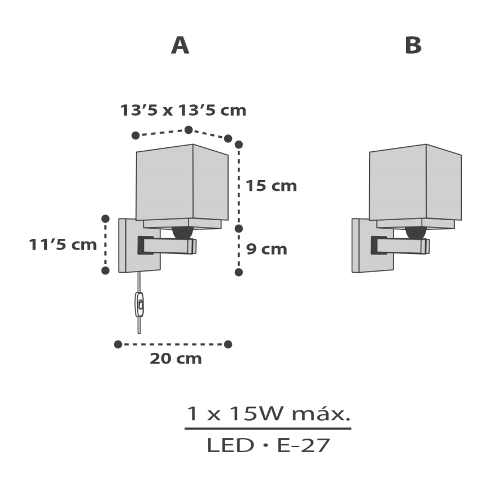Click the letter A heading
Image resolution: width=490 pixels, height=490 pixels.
click(180, 46)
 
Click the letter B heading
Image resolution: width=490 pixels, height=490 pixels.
click(413, 46)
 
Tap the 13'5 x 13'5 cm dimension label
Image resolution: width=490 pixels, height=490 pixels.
click(183, 110)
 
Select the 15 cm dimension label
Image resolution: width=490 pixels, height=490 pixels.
click(271, 186)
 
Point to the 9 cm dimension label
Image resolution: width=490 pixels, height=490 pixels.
click(266, 249)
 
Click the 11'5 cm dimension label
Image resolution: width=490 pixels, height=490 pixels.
click(63, 245)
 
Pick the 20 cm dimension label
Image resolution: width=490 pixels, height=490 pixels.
click(175, 359)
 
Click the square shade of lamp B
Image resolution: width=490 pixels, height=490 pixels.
click(414, 183)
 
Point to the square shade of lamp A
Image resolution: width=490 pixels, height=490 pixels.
click(182, 183)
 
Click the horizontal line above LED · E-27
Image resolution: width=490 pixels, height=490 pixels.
click(268, 428)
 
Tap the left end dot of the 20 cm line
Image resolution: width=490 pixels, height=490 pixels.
click(118, 344)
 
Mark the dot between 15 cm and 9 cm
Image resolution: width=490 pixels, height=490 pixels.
click(238, 228)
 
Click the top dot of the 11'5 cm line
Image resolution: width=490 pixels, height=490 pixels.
click(105, 218)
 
